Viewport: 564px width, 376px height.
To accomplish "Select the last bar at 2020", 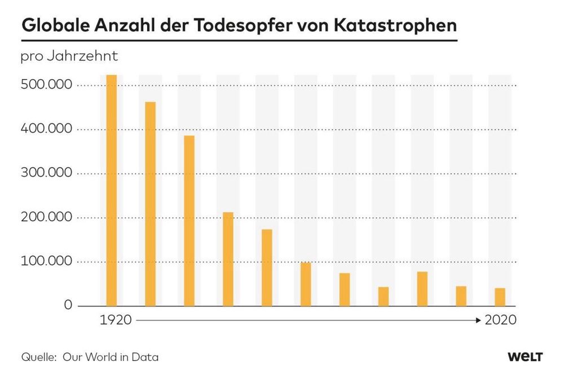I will tap(500, 297).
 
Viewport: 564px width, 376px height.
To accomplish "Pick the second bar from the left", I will tap(150, 204).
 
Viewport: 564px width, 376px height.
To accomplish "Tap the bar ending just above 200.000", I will tap(228, 259).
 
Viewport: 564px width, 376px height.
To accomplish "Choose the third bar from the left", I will tap(189, 221).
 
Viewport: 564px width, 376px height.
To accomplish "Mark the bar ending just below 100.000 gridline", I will tap(306, 284).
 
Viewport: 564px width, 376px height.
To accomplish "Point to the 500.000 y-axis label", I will tap(47, 85).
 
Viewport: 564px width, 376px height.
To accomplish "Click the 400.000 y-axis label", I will tap(47, 129).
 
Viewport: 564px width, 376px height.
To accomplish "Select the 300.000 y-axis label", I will tap(47, 173).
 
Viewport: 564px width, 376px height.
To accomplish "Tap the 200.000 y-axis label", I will tap(47, 217).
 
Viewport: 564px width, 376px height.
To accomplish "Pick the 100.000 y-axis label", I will tap(47, 261).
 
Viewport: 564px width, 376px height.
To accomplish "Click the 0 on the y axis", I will tap(68, 305).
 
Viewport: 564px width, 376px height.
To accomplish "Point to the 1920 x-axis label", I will tap(116, 320).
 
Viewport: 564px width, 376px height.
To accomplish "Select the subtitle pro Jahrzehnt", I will tap(69, 56).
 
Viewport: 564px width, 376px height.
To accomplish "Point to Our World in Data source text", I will tap(111, 357).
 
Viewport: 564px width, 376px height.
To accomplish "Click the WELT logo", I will tap(525, 357).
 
